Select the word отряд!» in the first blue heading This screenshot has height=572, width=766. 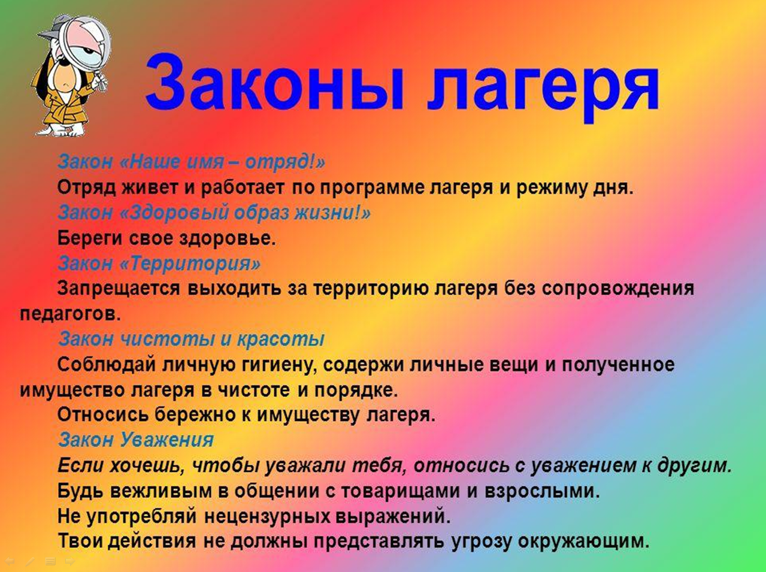285,162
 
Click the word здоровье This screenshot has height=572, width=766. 228,239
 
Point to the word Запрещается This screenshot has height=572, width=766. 119,289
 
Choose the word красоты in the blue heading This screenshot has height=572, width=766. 280,339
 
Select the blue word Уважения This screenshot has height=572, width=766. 167,440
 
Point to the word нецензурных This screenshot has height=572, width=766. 267,516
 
